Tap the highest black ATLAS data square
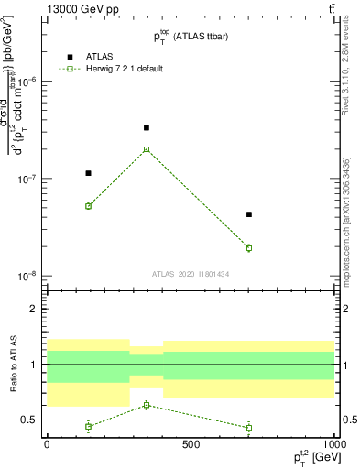(147, 127)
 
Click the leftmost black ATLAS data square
(89, 173)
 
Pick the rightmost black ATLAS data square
(249, 214)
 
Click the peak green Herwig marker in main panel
(147, 149)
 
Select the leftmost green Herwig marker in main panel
(89, 206)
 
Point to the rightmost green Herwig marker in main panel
(249, 248)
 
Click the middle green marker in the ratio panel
(147, 405)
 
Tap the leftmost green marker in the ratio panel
(89, 426)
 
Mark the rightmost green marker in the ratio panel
(249, 427)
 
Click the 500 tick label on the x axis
(190, 444)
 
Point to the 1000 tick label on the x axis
(333, 444)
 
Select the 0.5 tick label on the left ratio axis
(28, 420)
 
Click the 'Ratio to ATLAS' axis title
(10, 365)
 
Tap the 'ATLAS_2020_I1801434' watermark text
(190, 274)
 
